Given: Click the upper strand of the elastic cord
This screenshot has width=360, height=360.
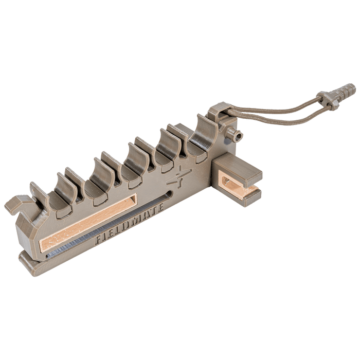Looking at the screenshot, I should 278,103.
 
